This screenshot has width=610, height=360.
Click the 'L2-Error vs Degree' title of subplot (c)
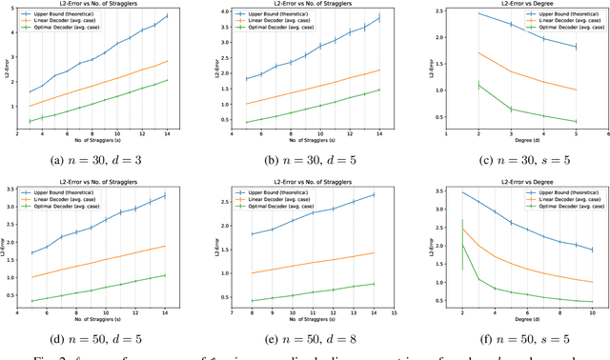(x=513, y=5)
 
